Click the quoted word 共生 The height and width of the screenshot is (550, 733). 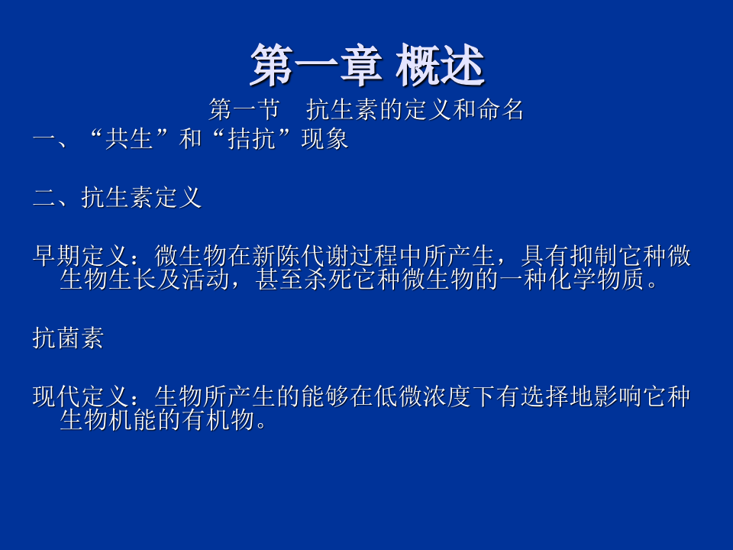click(130, 140)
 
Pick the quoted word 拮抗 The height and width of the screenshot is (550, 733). click(252, 140)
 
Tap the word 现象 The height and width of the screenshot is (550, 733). click(325, 140)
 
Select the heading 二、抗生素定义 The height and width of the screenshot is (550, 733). click(117, 198)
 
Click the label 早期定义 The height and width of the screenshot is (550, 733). click(80, 256)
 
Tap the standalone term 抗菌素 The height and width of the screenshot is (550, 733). click(68, 338)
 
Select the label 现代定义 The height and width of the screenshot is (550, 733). click(80, 396)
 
